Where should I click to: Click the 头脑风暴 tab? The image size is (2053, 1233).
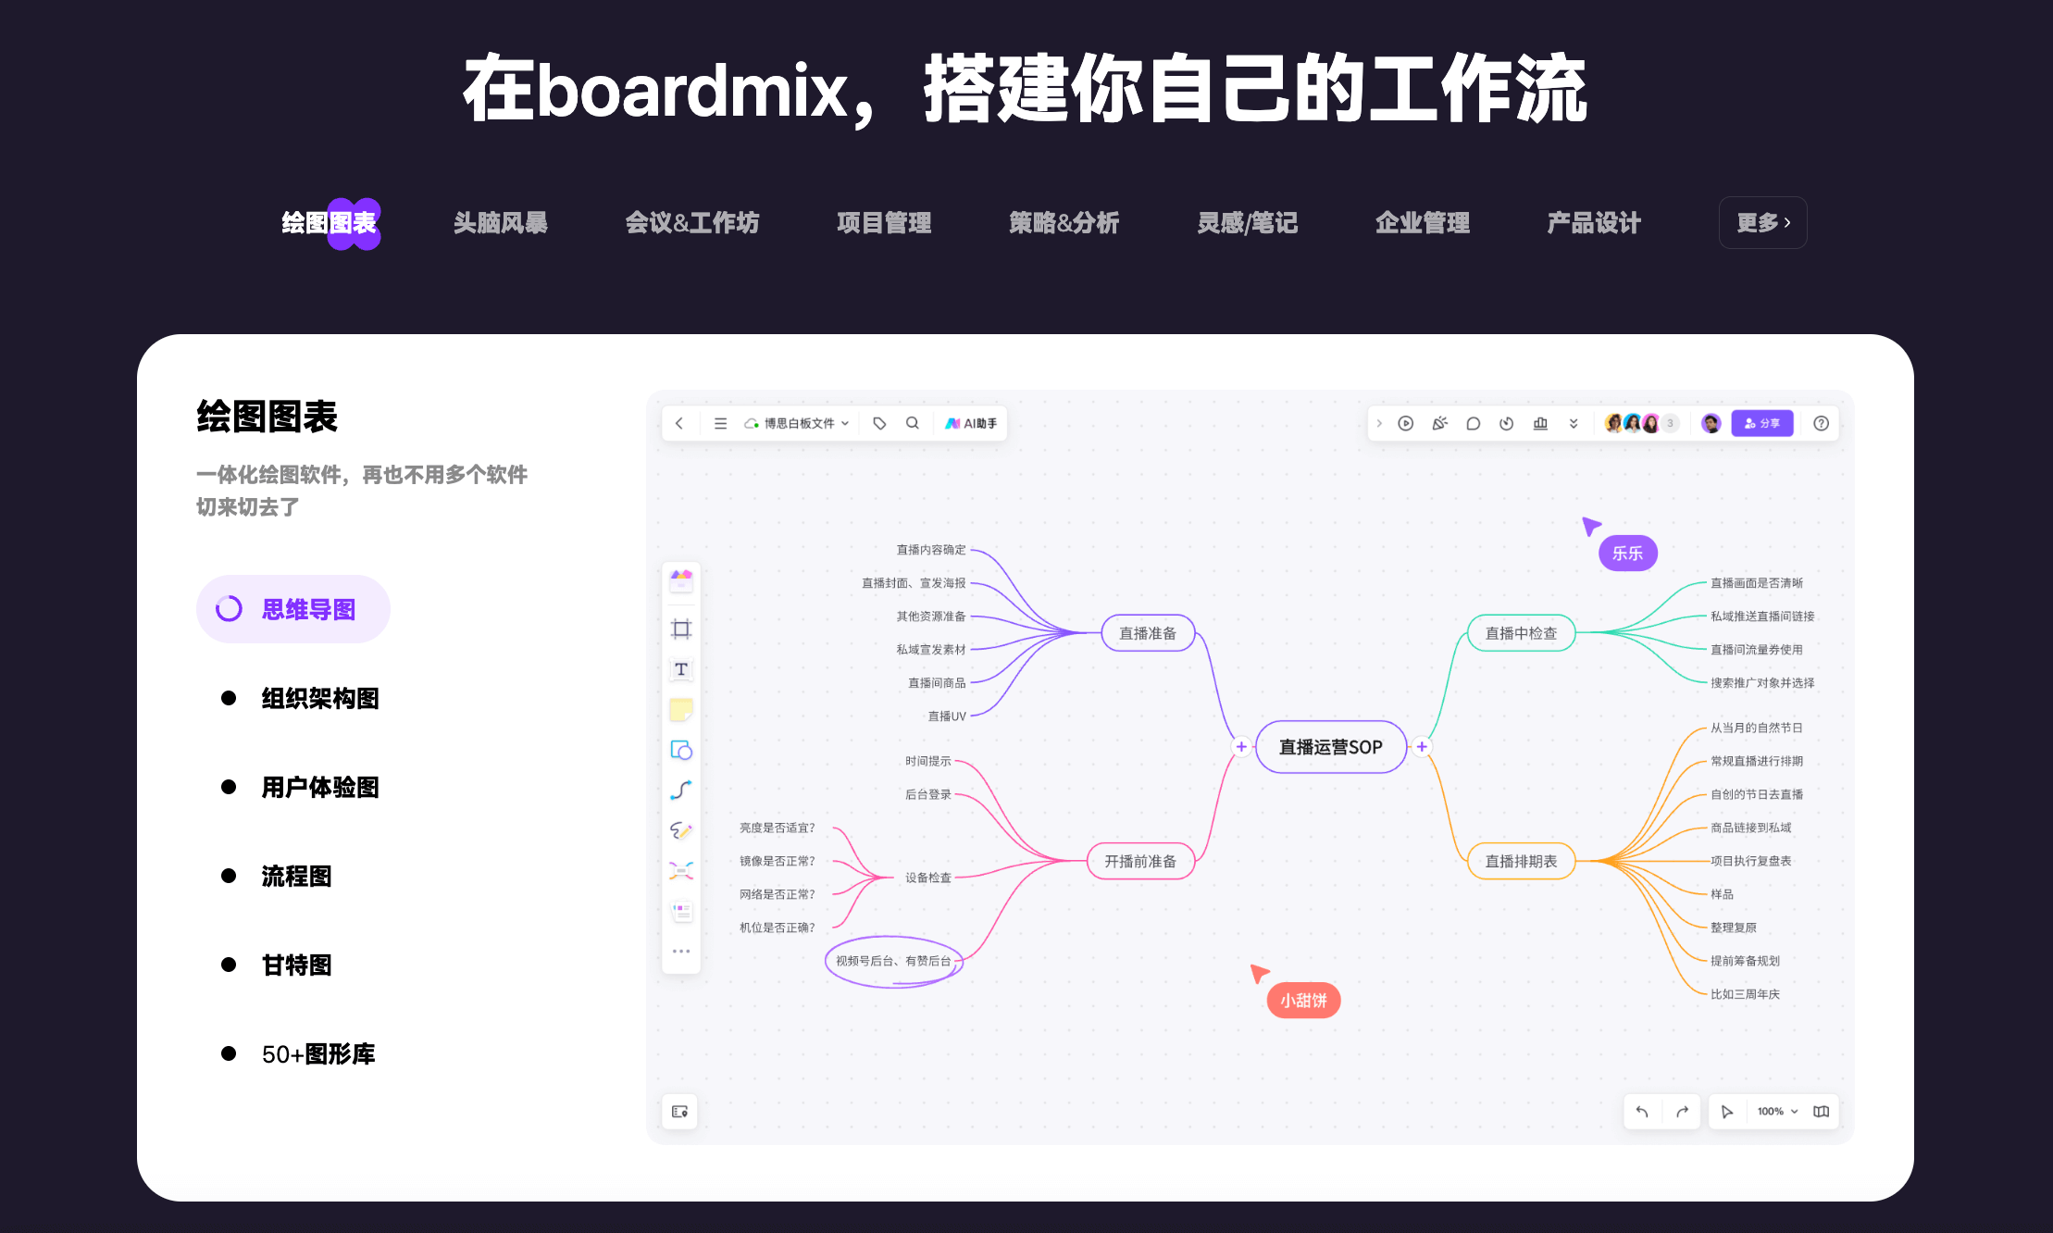500,223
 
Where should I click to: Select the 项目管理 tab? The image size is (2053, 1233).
883,223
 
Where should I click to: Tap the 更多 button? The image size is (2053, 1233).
1762,223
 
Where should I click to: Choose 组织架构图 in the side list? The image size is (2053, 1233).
319,698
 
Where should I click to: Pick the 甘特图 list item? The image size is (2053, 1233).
296,965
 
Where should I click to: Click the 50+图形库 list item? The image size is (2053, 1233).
317,1053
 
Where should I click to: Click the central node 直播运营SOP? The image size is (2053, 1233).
1330,747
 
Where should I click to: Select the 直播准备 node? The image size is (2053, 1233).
1148,633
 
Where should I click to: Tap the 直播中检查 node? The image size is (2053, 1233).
1521,633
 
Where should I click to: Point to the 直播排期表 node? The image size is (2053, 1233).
1521,861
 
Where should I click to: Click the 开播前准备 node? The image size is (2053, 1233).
1139,861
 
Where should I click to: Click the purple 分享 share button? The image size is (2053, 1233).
1761,423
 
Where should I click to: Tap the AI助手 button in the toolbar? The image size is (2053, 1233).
971,423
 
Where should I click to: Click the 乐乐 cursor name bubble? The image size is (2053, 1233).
1627,554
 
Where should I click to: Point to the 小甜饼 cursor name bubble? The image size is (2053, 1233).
1303,1000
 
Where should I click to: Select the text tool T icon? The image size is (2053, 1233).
681,669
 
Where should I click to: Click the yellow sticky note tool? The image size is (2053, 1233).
681,710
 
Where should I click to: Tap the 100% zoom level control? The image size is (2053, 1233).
1776,1111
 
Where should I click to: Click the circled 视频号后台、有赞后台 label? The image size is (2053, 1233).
893,961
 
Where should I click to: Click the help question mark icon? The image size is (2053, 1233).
1821,423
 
